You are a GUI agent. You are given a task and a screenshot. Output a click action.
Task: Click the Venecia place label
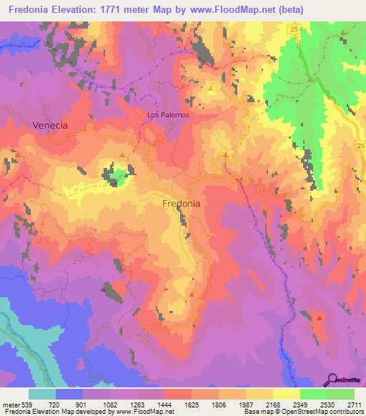tap(50, 125)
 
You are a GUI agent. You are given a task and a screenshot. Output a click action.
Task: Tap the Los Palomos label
tap(167, 114)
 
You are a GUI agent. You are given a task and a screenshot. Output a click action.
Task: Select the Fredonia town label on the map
tap(182, 204)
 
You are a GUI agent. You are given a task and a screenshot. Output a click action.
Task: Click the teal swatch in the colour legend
tap(42, 394)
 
